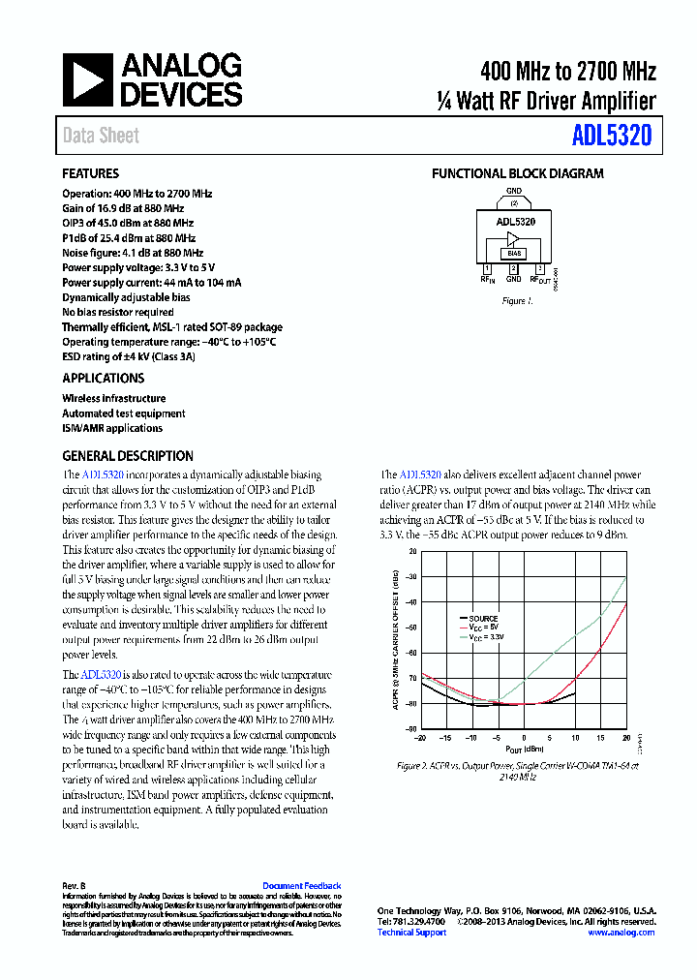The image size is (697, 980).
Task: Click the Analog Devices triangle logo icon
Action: [x=88, y=80]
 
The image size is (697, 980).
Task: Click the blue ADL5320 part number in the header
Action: [x=611, y=137]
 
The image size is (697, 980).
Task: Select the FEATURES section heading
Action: [x=91, y=174]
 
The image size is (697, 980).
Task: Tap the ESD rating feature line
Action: [x=129, y=356]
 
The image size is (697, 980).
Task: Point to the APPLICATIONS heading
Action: [x=104, y=379]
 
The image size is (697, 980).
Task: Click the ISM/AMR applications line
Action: [x=112, y=428]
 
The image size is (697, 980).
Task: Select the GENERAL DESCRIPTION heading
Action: [x=128, y=456]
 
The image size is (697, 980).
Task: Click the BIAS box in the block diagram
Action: [x=514, y=254]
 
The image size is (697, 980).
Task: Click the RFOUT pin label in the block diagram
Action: [x=542, y=280]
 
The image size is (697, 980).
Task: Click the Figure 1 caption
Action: [x=517, y=301]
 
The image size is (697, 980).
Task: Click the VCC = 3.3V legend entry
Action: [x=486, y=635]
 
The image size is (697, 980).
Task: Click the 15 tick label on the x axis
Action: [x=600, y=738]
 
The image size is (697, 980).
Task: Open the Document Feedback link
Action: [x=301, y=886]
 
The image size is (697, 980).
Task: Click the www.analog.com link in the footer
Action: [x=621, y=933]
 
